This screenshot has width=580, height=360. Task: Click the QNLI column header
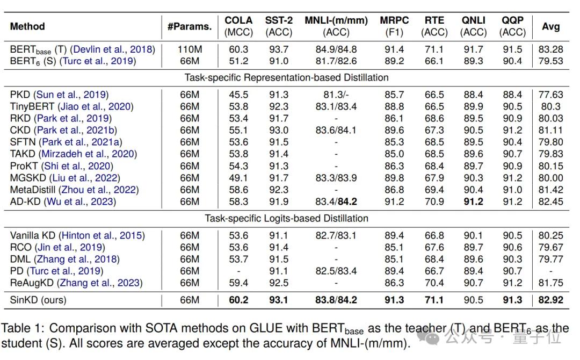click(474, 26)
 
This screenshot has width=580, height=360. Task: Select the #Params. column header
click(190, 27)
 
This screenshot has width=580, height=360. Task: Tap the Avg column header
click(551, 27)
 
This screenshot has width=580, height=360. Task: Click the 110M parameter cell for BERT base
click(190, 49)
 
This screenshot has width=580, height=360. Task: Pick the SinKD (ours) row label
click(38, 300)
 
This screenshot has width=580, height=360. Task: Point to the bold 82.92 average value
click(551, 300)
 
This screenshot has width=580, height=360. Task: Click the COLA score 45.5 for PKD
click(238, 95)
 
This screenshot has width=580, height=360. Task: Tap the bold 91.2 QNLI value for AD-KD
click(474, 201)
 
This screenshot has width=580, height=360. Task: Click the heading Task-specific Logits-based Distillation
click(287, 218)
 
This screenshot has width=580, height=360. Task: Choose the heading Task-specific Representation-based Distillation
click(287, 77)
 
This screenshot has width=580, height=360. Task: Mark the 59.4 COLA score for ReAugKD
click(238, 283)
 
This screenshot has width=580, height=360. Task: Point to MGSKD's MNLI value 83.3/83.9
click(336, 178)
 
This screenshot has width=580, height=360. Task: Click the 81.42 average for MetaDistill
click(551, 190)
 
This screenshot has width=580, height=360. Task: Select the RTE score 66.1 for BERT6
click(434, 61)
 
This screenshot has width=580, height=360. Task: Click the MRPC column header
click(394, 26)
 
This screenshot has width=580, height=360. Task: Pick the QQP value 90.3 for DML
click(512, 259)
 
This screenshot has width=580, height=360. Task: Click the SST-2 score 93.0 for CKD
click(279, 130)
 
